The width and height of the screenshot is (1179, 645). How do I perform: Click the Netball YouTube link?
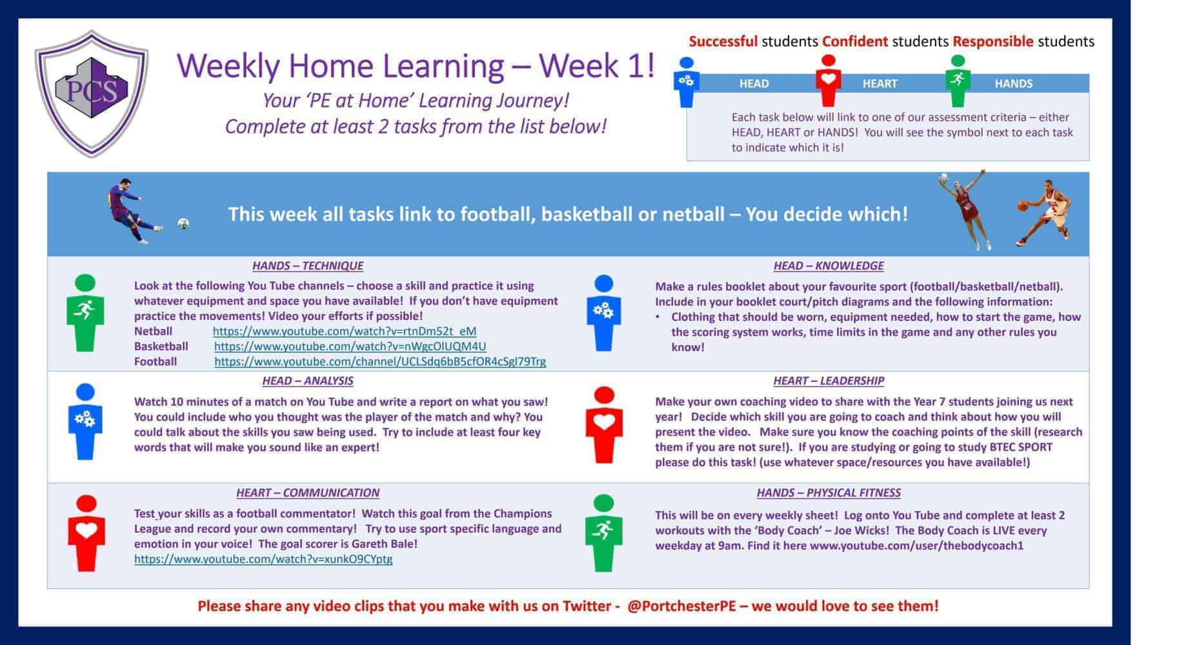click(x=344, y=331)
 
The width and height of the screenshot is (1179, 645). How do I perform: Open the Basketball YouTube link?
click(x=350, y=346)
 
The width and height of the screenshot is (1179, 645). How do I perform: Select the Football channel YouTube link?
click(x=379, y=362)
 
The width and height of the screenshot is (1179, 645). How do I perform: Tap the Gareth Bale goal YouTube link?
click(x=263, y=559)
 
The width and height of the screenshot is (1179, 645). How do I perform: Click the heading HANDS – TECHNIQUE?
click(x=307, y=266)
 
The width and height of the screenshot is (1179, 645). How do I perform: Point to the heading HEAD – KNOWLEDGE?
click(x=828, y=266)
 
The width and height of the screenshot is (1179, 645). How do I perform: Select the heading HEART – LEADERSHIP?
click(x=828, y=381)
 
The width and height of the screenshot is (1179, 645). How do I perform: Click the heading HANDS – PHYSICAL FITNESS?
click(x=828, y=493)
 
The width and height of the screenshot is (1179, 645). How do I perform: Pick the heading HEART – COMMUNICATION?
click(x=307, y=493)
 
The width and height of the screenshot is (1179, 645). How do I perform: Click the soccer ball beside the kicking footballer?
click(x=183, y=224)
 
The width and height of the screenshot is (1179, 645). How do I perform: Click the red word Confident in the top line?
click(x=854, y=42)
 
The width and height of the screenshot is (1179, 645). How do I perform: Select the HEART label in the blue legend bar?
click(x=880, y=84)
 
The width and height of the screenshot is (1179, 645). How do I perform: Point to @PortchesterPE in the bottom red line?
click(x=676, y=606)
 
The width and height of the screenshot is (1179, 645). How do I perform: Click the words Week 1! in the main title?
click(x=596, y=66)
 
